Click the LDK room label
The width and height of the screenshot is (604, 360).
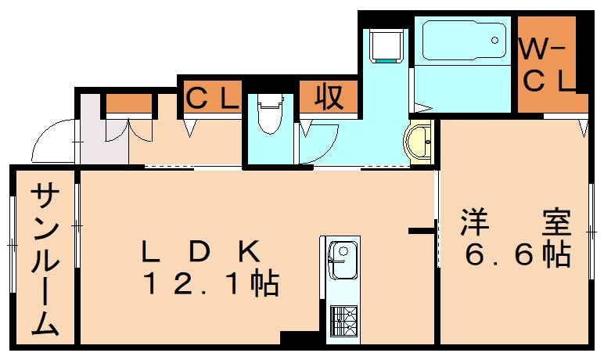pyautogui.click(x=200, y=251)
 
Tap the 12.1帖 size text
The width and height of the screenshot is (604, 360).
pyautogui.click(x=210, y=283)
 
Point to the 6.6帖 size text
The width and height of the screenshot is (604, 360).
pyautogui.click(x=517, y=254)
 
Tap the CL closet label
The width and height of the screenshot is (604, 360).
pyautogui.click(x=210, y=97)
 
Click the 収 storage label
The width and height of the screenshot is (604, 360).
pyautogui.click(x=329, y=97)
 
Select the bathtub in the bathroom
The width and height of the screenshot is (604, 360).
pyautogui.click(x=462, y=39)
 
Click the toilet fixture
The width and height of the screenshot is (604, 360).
pyautogui.click(x=269, y=117)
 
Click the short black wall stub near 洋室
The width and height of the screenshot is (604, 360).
pyautogui.click(x=422, y=230)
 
